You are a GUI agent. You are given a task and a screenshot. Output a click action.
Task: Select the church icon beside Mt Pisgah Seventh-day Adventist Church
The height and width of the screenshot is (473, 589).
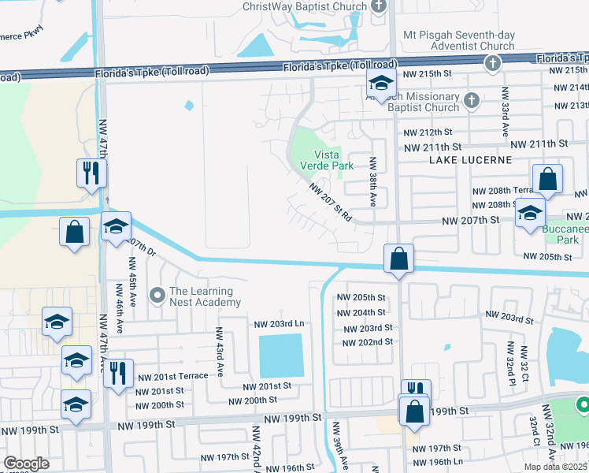[492, 63]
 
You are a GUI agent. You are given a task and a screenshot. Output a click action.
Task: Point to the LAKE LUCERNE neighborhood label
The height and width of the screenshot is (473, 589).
[470, 160]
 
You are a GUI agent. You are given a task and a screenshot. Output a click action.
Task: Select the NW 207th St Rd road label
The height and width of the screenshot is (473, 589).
[330, 203]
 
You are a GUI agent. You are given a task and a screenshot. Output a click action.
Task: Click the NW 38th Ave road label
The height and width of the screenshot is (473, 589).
[373, 181]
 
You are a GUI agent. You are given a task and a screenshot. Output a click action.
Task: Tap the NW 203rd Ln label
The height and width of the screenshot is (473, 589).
[279, 324]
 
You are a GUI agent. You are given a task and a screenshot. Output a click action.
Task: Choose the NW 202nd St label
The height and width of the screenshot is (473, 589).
[368, 342]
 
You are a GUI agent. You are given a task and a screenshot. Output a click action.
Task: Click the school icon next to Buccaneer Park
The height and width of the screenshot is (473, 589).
[530, 213]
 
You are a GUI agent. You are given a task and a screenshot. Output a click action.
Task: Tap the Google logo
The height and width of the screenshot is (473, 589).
[26, 464]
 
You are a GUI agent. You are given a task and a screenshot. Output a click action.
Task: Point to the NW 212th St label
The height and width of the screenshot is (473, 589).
[425, 132]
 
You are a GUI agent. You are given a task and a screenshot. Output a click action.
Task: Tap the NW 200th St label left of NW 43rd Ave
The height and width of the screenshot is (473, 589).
[160, 404]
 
